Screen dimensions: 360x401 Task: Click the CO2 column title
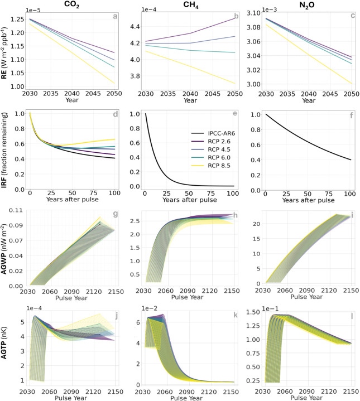pyautogui.click(x=71, y=4)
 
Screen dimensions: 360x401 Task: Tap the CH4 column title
pyautogui.click(x=191, y=4)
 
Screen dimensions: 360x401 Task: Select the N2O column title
pyautogui.click(x=307, y=6)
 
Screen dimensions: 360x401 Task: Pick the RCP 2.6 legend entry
pyautogui.click(x=211, y=142)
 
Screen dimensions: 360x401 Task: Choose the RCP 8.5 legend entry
pyautogui.click(x=211, y=166)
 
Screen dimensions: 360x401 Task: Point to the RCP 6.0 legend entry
pyautogui.click(x=211, y=157)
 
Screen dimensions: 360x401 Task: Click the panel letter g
pyautogui.click(x=116, y=214)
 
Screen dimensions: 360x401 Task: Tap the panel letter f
pyautogui.click(x=352, y=115)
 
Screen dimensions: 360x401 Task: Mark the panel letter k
pyautogui.click(x=236, y=315)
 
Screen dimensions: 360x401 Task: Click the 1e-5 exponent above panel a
pyautogui.click(x=33, y=10)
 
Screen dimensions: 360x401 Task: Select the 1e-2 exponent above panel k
pyautogui.click(x=149, y=308)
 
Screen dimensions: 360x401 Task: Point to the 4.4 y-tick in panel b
pyautogui.click(x=135, y=27)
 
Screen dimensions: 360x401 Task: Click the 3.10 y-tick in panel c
pyautogui.click(x=253, y=13)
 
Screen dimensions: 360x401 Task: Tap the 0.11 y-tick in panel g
pyautogui.click(x=16, y=210)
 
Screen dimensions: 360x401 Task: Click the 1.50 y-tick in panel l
pyautogui.click(x=253, y=312)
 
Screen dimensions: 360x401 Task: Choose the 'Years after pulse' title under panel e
pyautogui.click(x=190, y=200)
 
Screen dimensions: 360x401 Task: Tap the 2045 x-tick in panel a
pyautogui.click(x=93, y=94)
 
